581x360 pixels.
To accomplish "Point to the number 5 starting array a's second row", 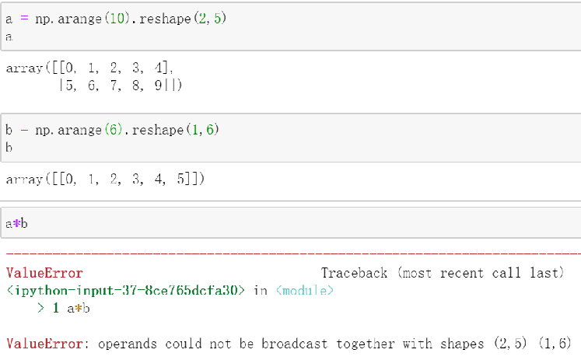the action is pyautogui.click(x=68, y=86).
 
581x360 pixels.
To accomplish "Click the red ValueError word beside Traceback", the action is pyautogui.click(x=44, y=273).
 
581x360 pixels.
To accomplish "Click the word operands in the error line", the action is pyautogui.click(x=124, y=344).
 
